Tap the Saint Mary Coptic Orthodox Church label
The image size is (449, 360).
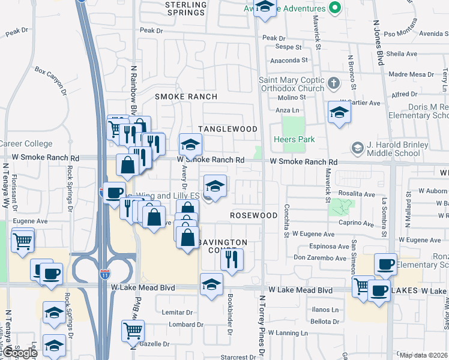[292, 84]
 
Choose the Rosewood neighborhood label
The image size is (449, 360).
[254, 215]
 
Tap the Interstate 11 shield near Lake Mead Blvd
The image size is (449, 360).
[106, 274]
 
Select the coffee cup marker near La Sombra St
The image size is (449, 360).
[385, 263]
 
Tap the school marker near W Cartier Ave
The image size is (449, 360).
[339, 112]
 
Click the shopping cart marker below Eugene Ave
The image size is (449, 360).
[22, 241]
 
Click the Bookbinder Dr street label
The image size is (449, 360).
[231, 312]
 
